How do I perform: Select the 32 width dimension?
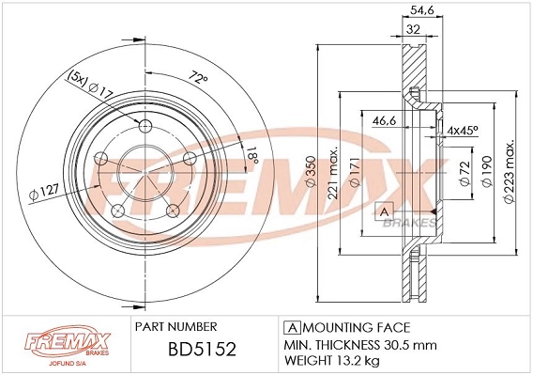[x=414, y=29]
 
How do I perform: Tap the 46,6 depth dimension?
[x=385, y=122]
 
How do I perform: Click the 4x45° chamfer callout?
[x=464, y=129]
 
